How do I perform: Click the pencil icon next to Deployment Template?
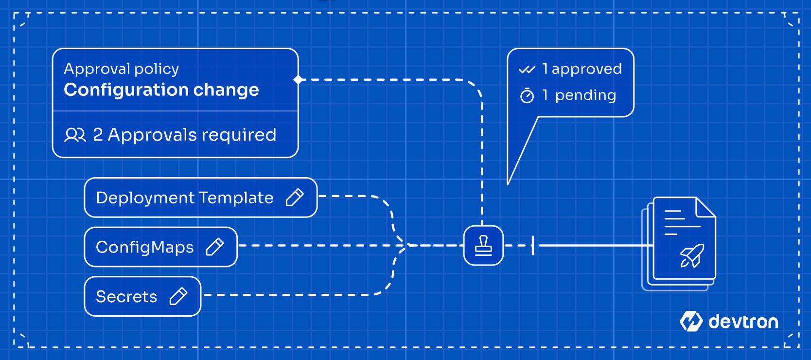tap(295, 198)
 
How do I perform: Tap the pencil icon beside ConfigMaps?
tap(214, 247)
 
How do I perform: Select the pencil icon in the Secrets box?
tap(178, 296)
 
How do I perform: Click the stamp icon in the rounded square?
tap(483, 246)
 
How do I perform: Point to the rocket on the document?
tap(692, 255)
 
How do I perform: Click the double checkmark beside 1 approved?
tap(527, 70)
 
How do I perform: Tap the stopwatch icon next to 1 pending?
tap(527, 95)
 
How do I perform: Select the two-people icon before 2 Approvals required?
tap(75, 135)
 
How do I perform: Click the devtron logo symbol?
tap(691, 321)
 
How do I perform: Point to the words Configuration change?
tap(161, 90)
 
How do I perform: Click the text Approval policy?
tap(121, 69)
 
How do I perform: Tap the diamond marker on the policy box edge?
tap(299, 80)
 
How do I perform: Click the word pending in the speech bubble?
tap(585, 95)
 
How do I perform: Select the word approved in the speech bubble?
tap(586, 69)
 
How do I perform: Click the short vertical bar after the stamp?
tap(533, 245)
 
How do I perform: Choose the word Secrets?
tap(126, 297)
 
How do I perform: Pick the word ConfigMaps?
tap(144, 247)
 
